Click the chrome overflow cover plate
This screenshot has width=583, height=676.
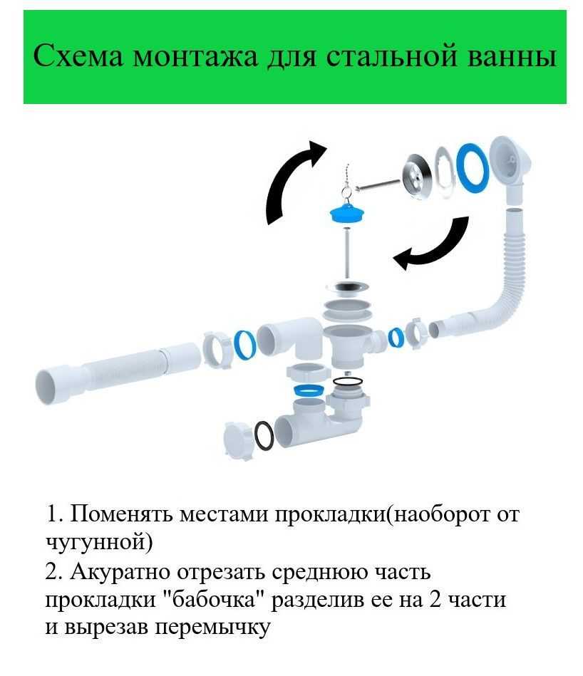click(x=416, y=177)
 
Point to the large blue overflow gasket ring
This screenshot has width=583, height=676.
click(x=473, y=167)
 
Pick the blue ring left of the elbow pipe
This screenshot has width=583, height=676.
click(x=244, y=346)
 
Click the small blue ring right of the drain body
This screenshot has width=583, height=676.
click(x=396, y=337)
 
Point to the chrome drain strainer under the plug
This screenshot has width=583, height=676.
click(x=348, y=286)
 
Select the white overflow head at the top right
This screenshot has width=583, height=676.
click(x=511, y=168)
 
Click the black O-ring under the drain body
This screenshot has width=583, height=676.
click(x=348, y=381)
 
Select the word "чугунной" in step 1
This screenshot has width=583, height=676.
click(x=99, y=541)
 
